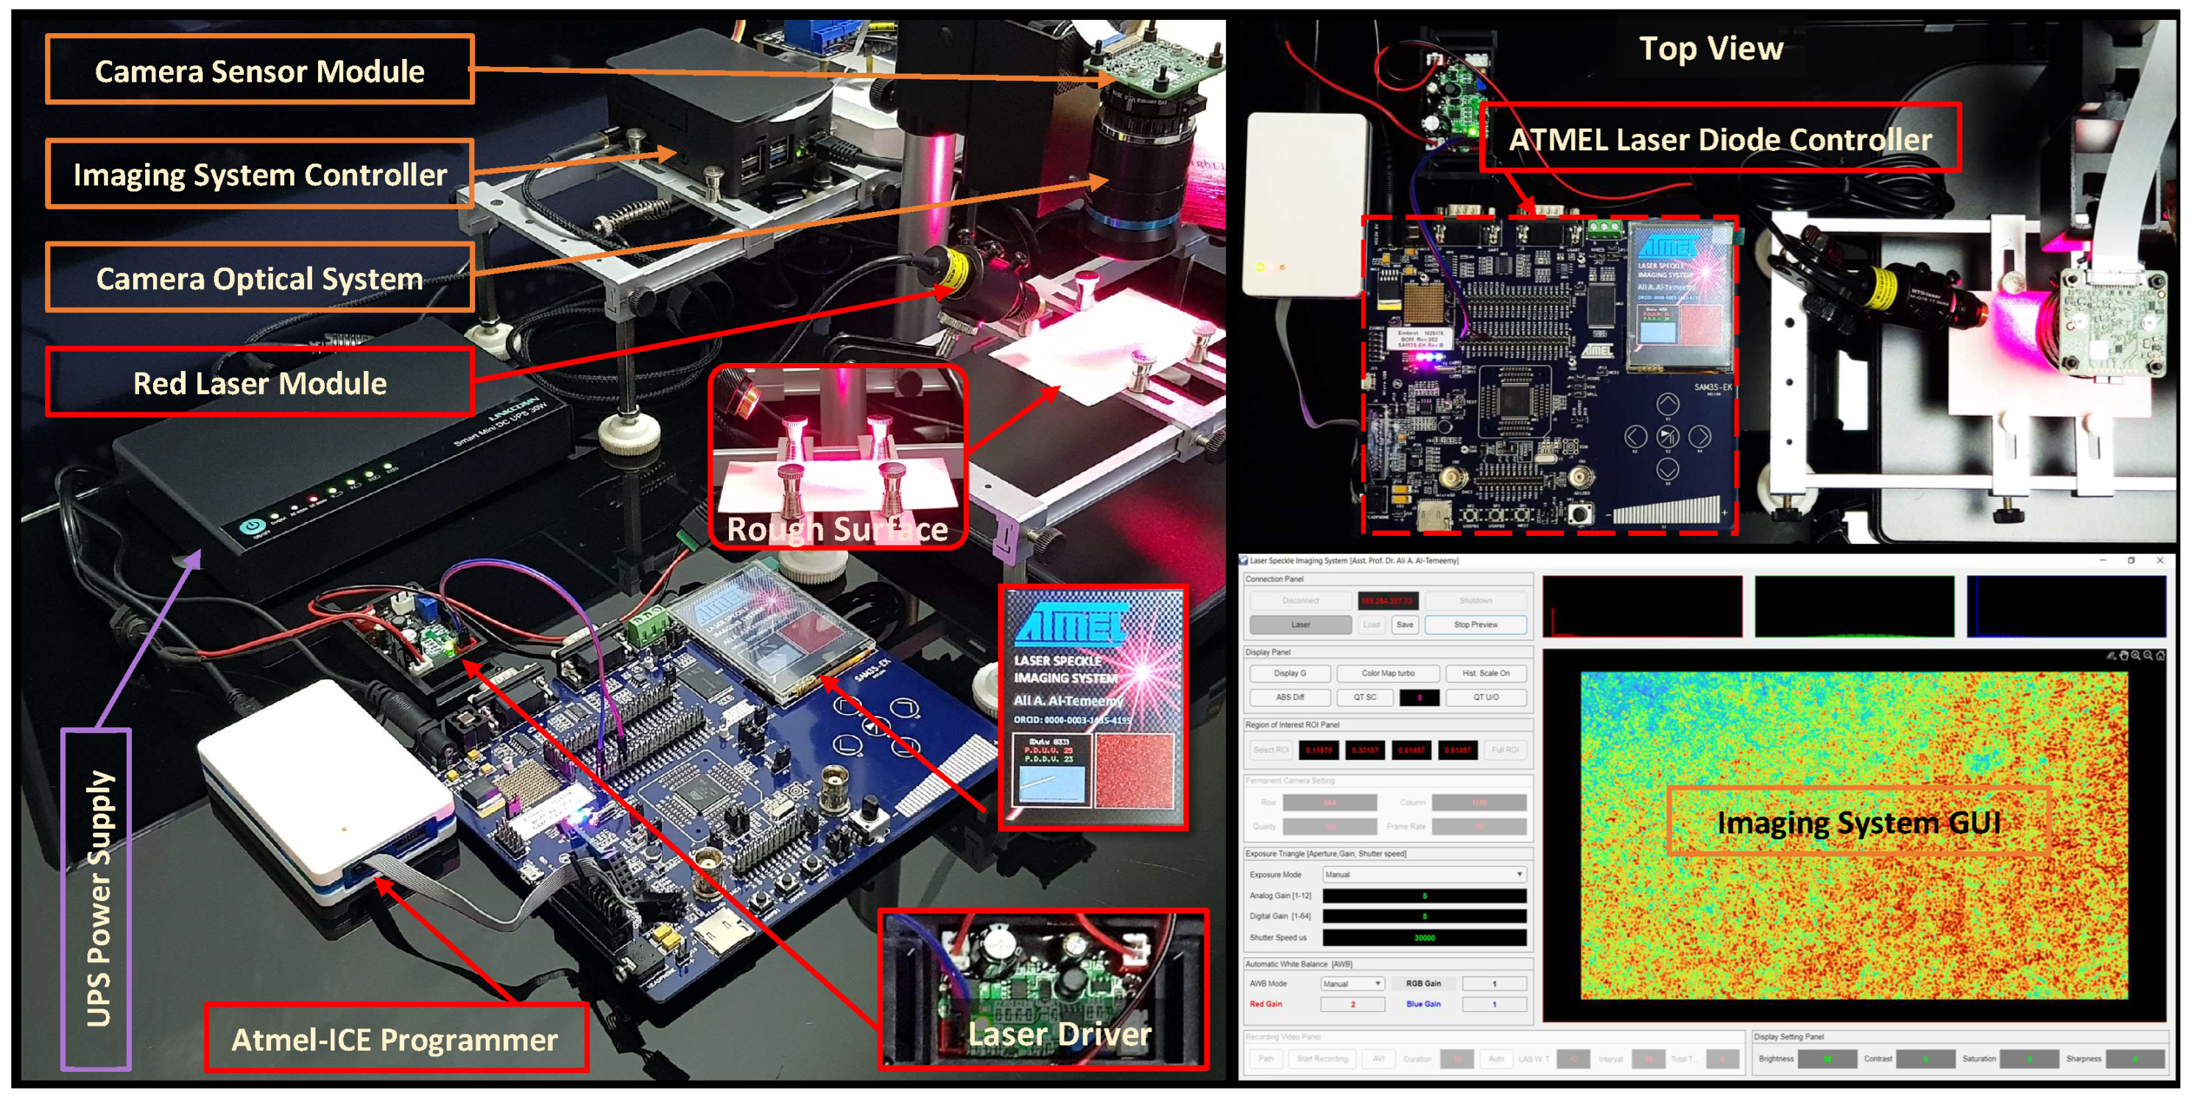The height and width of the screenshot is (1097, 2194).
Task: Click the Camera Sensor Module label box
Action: (x=259, y=71)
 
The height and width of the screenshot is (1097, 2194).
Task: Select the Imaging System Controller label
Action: (x=259, y=174)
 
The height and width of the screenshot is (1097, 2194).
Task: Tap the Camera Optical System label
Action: (x=259, y=278)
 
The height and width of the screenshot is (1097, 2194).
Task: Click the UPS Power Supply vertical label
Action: (x=97, y=898)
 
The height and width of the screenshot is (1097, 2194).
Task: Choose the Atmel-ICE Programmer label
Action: (x=395, y=1039)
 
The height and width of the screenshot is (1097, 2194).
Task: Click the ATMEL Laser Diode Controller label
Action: (x=1720, y=139)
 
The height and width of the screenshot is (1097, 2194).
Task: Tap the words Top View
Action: (x=1710, y=49)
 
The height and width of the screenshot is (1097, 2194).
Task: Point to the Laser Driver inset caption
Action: (x=1059, y=1034)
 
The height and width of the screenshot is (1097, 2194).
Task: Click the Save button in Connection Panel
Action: (x=1405, y=624)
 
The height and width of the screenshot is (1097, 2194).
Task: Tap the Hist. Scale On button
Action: (x=1486, y=673)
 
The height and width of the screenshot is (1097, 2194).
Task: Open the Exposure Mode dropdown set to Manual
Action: (x=1423, y=874)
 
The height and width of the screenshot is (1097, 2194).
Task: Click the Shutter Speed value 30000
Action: (x=1424, y=938)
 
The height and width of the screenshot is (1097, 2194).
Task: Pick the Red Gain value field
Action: (x=1352, y=1004)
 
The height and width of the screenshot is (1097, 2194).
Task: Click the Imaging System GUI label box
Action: (x=1858, y=822)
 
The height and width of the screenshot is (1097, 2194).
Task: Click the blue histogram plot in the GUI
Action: (x=2066, y=607)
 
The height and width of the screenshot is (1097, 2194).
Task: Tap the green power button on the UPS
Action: (x=251, y=526)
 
